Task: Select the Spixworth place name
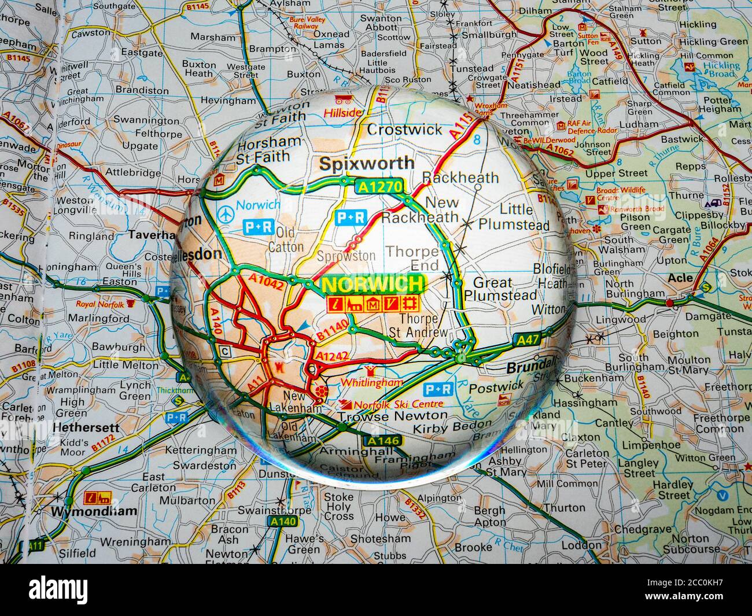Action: click(x=367, y=164)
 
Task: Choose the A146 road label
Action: click(x=382, y=441)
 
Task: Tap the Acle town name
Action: click(x=680, y=278)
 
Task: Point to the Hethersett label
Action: click(x=86, y=428)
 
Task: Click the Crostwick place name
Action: click(x=404, y=129)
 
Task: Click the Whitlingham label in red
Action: click(x=371, y=383)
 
